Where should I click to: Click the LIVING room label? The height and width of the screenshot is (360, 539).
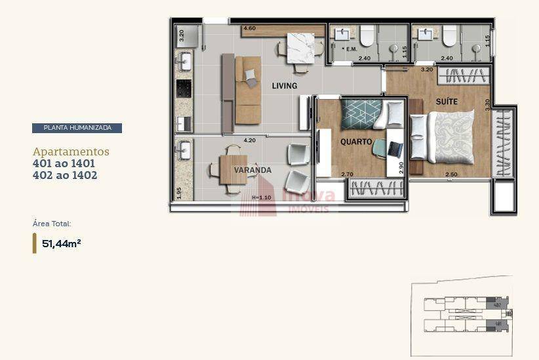(x=285, y=86)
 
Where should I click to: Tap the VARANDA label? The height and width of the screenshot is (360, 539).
(x=252, y=170)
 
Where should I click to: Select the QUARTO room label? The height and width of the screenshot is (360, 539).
(x=356, y=142)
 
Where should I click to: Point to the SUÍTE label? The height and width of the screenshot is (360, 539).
(x=447, y=102)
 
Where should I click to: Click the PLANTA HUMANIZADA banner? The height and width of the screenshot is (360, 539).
(x=77, y=129)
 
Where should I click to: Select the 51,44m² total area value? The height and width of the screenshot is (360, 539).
(x=61, y=243)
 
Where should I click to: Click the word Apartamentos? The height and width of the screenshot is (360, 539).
(x=71, y=151)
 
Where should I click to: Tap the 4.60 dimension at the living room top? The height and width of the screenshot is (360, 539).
(x=249, y=29)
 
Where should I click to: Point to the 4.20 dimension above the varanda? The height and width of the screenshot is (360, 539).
(x=249, y=140)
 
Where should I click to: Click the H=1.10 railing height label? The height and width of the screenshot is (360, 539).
(x=261, y=197)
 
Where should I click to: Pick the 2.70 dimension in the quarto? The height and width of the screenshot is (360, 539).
(x=347, y=174)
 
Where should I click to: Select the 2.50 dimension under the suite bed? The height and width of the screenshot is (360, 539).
(x=451, y=174)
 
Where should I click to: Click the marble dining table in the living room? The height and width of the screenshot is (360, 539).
(x=300, y=47)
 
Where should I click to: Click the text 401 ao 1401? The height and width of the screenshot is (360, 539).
(x=64, y=163)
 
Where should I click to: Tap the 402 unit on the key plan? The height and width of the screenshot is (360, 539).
(x=498, y=304)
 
